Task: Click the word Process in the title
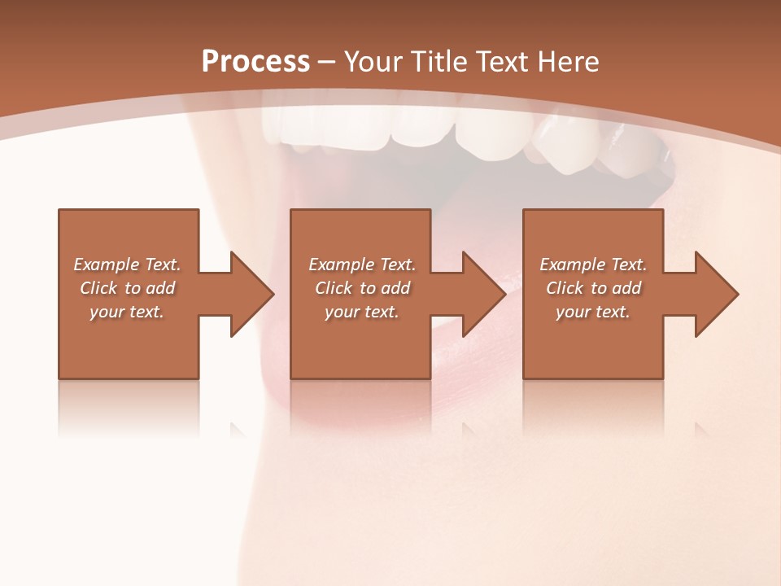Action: tap(255, 62)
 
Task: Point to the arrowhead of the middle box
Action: tap(483, 294)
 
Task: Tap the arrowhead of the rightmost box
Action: tap(716, 294)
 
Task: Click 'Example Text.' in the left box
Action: tap(127, 265)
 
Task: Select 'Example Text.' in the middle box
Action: tap(362, 265)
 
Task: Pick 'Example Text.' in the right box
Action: tap(593, 265)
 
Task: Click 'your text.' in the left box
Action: tap(127, 312)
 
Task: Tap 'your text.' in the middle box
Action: tap(362, 312)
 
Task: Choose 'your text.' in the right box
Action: tap(593, 312)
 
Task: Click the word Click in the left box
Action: tap(98, 288)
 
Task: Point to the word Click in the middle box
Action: tap(334, 288)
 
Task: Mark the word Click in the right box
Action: tap(565, 288)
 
